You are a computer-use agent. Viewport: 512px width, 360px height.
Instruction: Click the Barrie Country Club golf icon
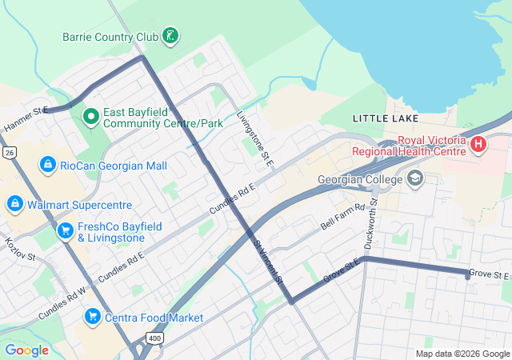point(170,35)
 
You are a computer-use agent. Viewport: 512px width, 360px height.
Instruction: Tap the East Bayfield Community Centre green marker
point(91,117)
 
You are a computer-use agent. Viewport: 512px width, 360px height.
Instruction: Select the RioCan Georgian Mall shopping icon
point(47,165)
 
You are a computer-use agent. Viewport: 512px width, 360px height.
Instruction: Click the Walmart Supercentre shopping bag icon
point(14,204)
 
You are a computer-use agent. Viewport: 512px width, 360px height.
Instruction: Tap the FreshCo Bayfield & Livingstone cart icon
point(66,231)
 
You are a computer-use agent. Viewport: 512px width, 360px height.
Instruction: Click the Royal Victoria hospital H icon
point(478,145)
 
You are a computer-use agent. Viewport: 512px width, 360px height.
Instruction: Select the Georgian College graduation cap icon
point(414,178)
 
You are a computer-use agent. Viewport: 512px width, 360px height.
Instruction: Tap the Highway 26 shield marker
point(9,152)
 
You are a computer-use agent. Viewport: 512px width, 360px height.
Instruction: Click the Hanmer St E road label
point(26,121)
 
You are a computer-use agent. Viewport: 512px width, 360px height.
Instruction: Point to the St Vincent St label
point(268,262)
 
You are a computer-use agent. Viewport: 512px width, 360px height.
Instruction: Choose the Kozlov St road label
point(19,249)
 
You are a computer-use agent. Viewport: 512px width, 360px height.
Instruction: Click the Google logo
point(26,350)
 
